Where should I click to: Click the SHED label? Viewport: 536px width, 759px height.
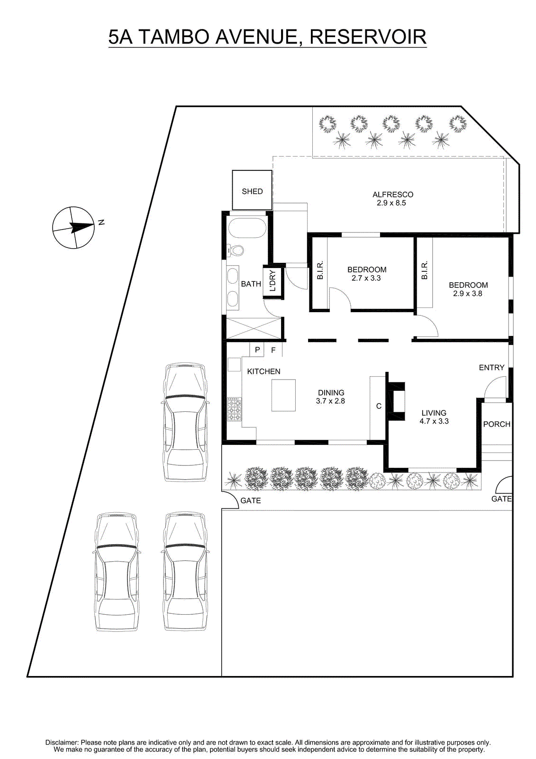click(252, 192)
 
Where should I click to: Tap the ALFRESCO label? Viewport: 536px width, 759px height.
click(392, 194)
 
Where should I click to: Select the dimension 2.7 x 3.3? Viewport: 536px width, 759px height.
click(366, 278)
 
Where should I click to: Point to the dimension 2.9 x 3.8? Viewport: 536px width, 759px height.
click(468, 294)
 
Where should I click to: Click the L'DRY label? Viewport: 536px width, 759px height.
click(273, 281)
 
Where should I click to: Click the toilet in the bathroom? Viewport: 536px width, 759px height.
click(236, 250)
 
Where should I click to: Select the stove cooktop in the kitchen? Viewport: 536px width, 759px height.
click(234, 409)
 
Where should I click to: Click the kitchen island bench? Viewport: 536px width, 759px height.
click(283, 395)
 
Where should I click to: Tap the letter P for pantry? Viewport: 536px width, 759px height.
click(257, 350)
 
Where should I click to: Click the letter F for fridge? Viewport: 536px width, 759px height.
click(273, 350)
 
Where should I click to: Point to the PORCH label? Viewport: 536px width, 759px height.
click(496, 424)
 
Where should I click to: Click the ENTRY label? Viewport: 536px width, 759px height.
click(491, 368)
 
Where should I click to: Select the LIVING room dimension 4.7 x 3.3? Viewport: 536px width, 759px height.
click(434, 421)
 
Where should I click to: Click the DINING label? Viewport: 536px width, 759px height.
click(331, 393)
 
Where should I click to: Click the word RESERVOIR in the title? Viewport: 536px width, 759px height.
click(368, 37)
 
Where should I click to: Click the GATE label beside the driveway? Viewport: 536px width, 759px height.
click(251, 500)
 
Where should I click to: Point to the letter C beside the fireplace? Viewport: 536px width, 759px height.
click(379, 406)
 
